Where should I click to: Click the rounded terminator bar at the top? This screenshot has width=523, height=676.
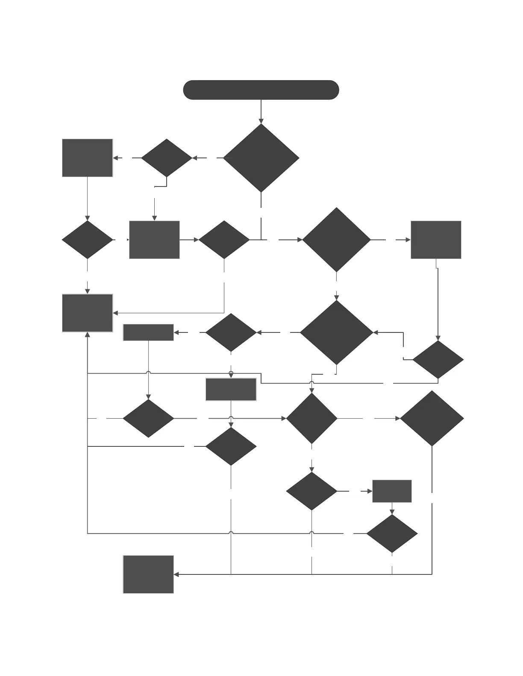point(261,90)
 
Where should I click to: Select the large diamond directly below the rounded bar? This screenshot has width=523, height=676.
point(261,158)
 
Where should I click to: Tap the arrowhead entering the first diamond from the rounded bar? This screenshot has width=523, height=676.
point(261,121)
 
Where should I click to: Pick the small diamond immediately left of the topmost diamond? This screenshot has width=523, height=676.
point(167,158)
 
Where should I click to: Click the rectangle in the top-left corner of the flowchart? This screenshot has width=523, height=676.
point(87,158)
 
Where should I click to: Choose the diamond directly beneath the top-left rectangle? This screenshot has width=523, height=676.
point(87,240)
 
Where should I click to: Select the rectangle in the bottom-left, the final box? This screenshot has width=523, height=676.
point(148,574)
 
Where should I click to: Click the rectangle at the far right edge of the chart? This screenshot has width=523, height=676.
point(436,240)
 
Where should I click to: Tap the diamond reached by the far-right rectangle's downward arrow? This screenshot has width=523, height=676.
point(438,360)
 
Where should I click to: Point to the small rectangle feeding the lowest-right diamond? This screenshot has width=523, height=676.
point(392,491)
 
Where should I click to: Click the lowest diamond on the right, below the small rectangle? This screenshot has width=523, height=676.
point(392,533)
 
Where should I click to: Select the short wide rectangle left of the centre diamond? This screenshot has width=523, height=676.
point(148,332)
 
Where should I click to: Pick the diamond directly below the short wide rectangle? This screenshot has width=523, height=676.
point(148,418)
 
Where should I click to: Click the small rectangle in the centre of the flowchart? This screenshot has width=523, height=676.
point(231,389)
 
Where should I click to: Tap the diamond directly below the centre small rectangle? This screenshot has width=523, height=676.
point(231,446)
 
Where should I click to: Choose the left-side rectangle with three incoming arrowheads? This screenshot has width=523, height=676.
point(87,313)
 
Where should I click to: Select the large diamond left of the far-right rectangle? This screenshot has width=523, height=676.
point(336,240)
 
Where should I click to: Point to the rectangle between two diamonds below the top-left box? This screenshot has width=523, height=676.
point(154,240)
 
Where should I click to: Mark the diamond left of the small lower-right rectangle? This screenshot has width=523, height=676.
point(311,491)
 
